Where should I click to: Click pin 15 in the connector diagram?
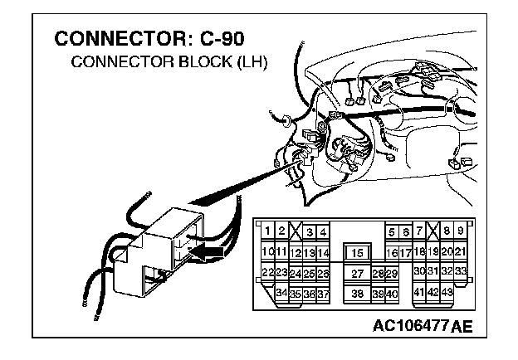358,253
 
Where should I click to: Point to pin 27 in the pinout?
358,274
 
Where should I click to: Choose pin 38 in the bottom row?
358,294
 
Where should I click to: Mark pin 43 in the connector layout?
447,293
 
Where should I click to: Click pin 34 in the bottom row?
282,294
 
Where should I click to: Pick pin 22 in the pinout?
268,273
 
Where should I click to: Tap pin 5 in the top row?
391,232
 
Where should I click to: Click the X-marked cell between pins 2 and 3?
296,231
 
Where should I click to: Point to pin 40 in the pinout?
392,294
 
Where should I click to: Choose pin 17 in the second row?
405,253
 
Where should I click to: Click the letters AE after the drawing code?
462,324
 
